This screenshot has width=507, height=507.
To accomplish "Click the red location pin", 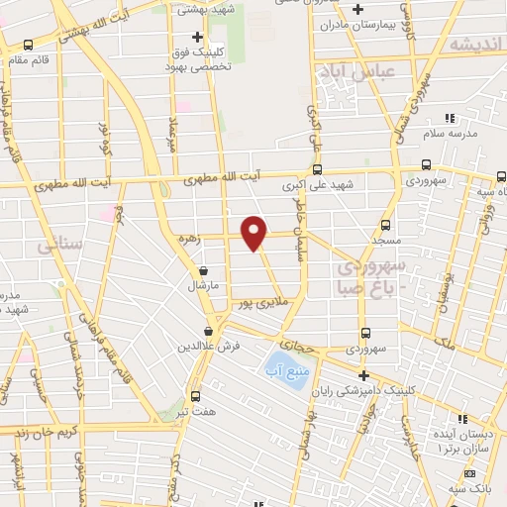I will pos(254,233).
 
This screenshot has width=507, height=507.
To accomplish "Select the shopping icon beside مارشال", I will pos(203,269).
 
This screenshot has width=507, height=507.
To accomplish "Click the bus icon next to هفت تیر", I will pos(195,395).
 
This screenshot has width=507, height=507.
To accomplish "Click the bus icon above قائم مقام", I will pos(28,45).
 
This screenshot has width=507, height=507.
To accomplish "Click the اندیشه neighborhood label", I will pos(476,46).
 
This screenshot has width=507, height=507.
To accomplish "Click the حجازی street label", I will pos(300,346).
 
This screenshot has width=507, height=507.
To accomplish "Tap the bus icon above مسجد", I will pos(386,225).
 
